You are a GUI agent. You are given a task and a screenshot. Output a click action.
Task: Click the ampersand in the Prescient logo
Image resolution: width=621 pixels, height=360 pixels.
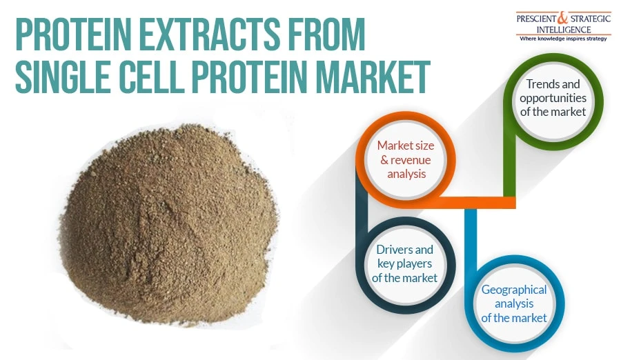pos(563,18)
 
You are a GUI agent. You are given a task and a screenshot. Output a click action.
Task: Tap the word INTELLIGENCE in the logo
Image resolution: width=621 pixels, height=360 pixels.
pos(564,30)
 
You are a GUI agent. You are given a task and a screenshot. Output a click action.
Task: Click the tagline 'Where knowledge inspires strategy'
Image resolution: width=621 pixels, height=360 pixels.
pos(563,39)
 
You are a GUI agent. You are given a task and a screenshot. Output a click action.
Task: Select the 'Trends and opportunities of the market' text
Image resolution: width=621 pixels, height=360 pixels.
pos(553,98)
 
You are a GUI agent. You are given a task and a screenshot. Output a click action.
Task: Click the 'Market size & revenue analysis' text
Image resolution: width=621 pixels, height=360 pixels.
pos(406,159)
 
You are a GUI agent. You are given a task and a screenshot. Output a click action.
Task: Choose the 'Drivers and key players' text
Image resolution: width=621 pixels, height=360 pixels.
pos(404,257)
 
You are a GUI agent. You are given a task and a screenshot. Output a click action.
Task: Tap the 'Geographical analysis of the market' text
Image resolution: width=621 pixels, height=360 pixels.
pos(514,303)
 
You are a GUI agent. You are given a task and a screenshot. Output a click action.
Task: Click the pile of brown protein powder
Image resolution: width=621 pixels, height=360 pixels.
pos(168,223)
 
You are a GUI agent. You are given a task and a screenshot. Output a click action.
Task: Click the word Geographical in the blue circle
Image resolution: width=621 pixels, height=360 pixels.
pos(514,290)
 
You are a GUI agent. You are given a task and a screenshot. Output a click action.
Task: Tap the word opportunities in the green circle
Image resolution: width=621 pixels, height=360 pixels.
pos(553,98)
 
